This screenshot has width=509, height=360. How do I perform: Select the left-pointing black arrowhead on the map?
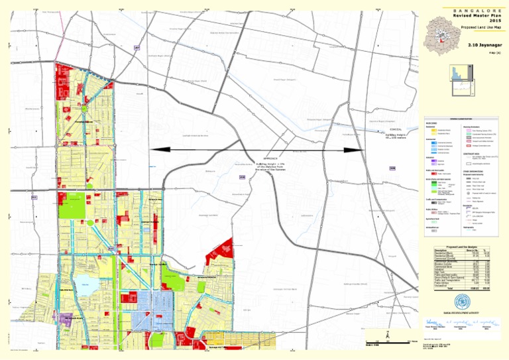pos(156,150)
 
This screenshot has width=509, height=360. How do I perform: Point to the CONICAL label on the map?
pos(396,129)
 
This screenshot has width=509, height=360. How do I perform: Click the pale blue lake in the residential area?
pos(84,285)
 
